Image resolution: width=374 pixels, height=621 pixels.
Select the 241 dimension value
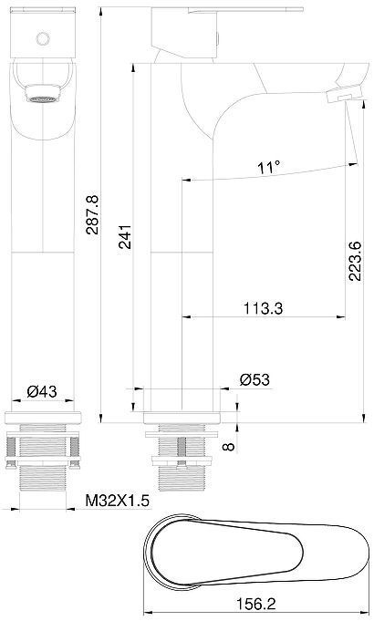pos(125,236)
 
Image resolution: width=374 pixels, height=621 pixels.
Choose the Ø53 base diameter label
pos(255,379)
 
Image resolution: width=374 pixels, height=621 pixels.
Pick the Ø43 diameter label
pos(43,391)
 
